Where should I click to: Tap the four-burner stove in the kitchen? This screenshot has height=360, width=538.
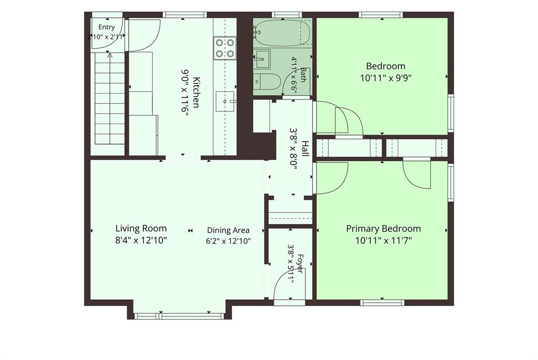(x=225, y=48)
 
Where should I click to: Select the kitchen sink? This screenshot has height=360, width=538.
(x=225, y=101)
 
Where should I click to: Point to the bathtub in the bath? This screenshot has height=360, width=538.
(x=283, y=33)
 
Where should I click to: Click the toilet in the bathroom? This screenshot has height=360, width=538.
(x=267, y=81)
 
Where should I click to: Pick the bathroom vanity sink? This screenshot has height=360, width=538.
(x=262, y=59)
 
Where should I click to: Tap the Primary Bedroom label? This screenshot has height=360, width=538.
(x=383, y=229)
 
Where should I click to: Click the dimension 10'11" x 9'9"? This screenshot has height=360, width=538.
(x=386, y=78)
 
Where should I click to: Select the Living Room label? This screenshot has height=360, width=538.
(x=141, y=228)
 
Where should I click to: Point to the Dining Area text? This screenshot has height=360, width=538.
(x=228, y=230)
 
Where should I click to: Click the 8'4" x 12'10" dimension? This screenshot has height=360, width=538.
(x=141, y=240)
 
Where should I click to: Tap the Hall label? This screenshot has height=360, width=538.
(x=305, y=148)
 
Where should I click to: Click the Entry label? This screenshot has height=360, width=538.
(x=106, y=27)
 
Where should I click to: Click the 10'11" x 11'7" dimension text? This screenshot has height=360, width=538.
(x=383, y=240)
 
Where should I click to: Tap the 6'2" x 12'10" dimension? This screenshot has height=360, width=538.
(x=228, y=241)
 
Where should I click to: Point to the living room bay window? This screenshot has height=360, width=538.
(x=179, y=316)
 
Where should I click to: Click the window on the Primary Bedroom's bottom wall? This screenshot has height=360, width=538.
(x=382, y=302)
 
